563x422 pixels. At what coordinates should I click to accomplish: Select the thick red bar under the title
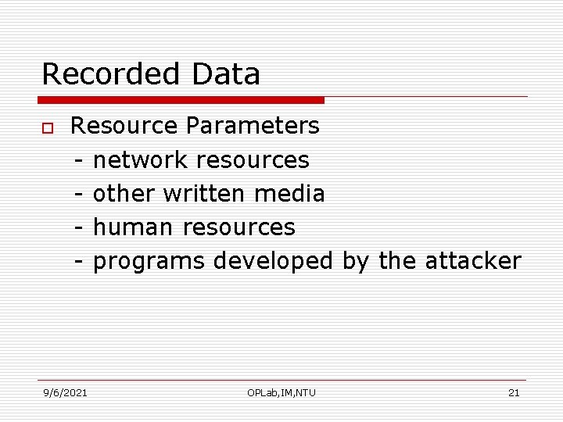(x=181, y=100)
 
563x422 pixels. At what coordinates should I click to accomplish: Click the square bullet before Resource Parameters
(x=48, y=127)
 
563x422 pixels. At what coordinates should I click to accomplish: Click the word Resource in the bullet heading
(x=124, y=125)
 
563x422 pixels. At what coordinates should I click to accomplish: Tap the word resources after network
(x=253, y=159)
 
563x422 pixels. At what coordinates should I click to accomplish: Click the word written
(x=203, y=193)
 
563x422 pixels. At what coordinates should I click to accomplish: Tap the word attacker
(x=472, y=260)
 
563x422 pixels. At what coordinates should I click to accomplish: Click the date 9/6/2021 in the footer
(x=65, y=392)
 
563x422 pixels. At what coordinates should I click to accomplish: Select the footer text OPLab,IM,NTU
(x=281, y=392)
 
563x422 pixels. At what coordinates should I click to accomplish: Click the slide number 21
(x=514, y=392)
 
